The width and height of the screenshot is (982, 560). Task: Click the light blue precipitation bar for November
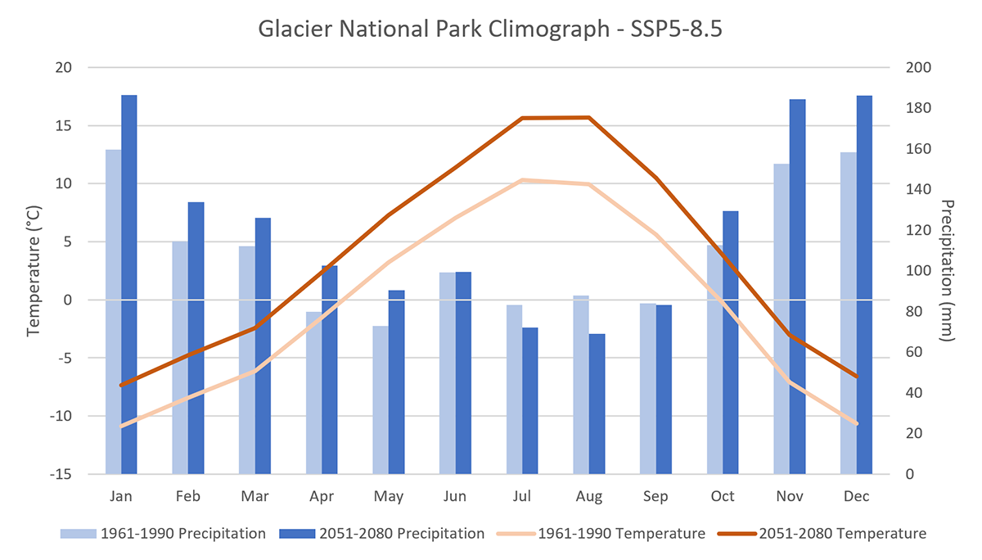click(782, 318)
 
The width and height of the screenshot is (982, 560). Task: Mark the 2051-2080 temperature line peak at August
click(588, 118)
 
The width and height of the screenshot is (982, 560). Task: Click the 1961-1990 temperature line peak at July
click(522, 180)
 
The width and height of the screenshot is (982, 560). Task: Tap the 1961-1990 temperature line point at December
click(856, 423)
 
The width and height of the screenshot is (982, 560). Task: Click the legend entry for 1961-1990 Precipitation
click(163, 534)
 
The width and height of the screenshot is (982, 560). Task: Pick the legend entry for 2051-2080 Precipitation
click(382, 534)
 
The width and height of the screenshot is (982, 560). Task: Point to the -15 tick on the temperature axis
click(64, 474)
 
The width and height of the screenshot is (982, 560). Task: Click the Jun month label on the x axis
click(455, 496)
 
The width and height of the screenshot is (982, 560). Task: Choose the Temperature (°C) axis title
click(34, 271)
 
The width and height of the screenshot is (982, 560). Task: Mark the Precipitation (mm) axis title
click(948, 271)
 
